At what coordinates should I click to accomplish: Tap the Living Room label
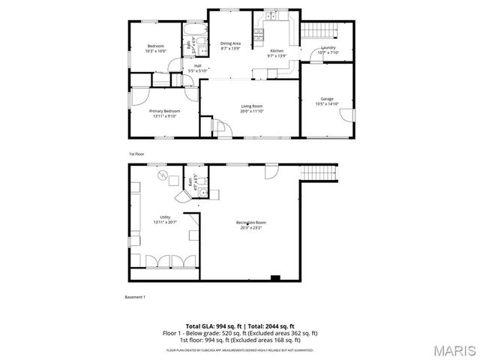(x=251, y=108)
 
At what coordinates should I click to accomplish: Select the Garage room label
(x=327, y=100)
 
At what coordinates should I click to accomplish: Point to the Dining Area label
(x=230, y=45)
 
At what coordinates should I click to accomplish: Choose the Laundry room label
(x=328, y=49)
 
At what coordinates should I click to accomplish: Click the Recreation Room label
(x=251, y=224)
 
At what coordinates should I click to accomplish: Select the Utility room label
(x=165, y=219)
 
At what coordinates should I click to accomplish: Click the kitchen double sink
(x=270, y=16)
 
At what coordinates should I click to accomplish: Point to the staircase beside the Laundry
(x=316, y=30)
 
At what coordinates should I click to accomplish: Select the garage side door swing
(x=344, y=116)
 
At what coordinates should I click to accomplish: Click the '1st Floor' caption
(x=136, y=154)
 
